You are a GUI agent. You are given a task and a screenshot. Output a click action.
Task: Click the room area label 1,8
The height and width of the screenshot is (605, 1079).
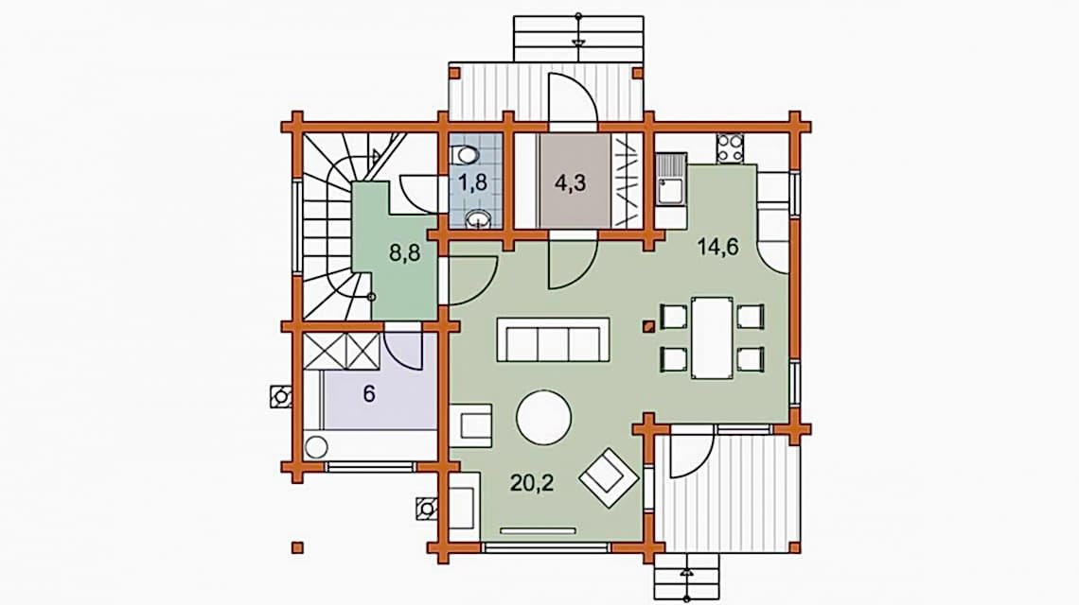(472, 182)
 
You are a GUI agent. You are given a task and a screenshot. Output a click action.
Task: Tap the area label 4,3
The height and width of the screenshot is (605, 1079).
(571, 183)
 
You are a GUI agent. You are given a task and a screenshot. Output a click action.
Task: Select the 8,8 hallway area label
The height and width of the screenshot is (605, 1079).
(405, 253)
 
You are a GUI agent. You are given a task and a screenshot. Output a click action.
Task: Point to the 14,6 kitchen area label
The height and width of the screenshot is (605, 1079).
(717, 246)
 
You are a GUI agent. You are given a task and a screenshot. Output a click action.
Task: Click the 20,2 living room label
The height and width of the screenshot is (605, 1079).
(532, 483)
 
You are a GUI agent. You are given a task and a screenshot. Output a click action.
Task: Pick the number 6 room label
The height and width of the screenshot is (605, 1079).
(369, 394)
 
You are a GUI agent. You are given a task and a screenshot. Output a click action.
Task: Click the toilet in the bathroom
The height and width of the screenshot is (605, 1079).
(468, 155)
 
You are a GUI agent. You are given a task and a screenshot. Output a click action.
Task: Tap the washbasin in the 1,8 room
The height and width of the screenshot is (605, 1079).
(478, 219)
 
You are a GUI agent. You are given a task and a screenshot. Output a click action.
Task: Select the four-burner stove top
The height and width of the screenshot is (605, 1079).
(730, 147)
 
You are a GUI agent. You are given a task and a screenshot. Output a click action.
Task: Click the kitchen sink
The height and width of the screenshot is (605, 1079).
(669, 181)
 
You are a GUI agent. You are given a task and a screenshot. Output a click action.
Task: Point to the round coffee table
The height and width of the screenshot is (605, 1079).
(543, 417)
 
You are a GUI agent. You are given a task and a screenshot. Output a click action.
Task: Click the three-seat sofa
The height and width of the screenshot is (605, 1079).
(554, 339)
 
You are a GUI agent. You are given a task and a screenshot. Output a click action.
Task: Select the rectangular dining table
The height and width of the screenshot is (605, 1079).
(712, 337)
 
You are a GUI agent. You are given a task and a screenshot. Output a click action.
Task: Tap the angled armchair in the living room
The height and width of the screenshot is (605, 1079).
(609, 477)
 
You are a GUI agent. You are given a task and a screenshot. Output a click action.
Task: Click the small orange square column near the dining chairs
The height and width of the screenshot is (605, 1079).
(647, 327)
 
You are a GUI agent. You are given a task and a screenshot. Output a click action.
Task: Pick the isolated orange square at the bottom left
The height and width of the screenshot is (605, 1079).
(297, 547)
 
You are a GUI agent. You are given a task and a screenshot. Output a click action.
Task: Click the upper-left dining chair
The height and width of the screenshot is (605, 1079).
(674, 316)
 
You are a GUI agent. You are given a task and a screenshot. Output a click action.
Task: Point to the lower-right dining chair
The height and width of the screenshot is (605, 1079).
(750, 359)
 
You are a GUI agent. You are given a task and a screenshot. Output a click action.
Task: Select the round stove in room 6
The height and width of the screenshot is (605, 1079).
(316, 447)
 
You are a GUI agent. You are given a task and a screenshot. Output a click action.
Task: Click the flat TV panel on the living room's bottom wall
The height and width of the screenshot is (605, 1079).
(539, 530)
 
